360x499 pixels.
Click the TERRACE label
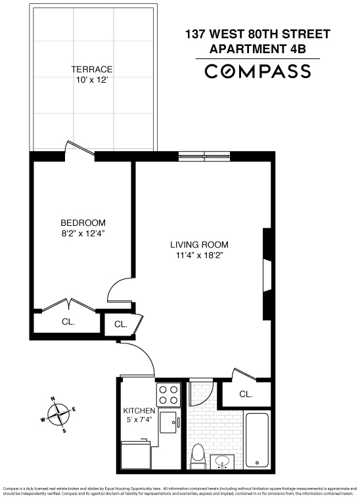pos(92,69)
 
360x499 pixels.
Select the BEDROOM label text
pos(83,223)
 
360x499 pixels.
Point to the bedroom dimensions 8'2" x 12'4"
pos(83,233)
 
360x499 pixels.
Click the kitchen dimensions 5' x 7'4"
pos(139,422)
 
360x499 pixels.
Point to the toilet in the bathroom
pos(198,454)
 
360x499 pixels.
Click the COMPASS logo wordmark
pos(258,72)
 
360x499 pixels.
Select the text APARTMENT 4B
pos(258,48)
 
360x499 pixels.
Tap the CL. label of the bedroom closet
pos(68,322)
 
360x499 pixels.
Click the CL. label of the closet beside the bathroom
pos(246,394)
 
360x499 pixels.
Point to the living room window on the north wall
pos(204,156)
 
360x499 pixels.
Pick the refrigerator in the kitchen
pos(137,454)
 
